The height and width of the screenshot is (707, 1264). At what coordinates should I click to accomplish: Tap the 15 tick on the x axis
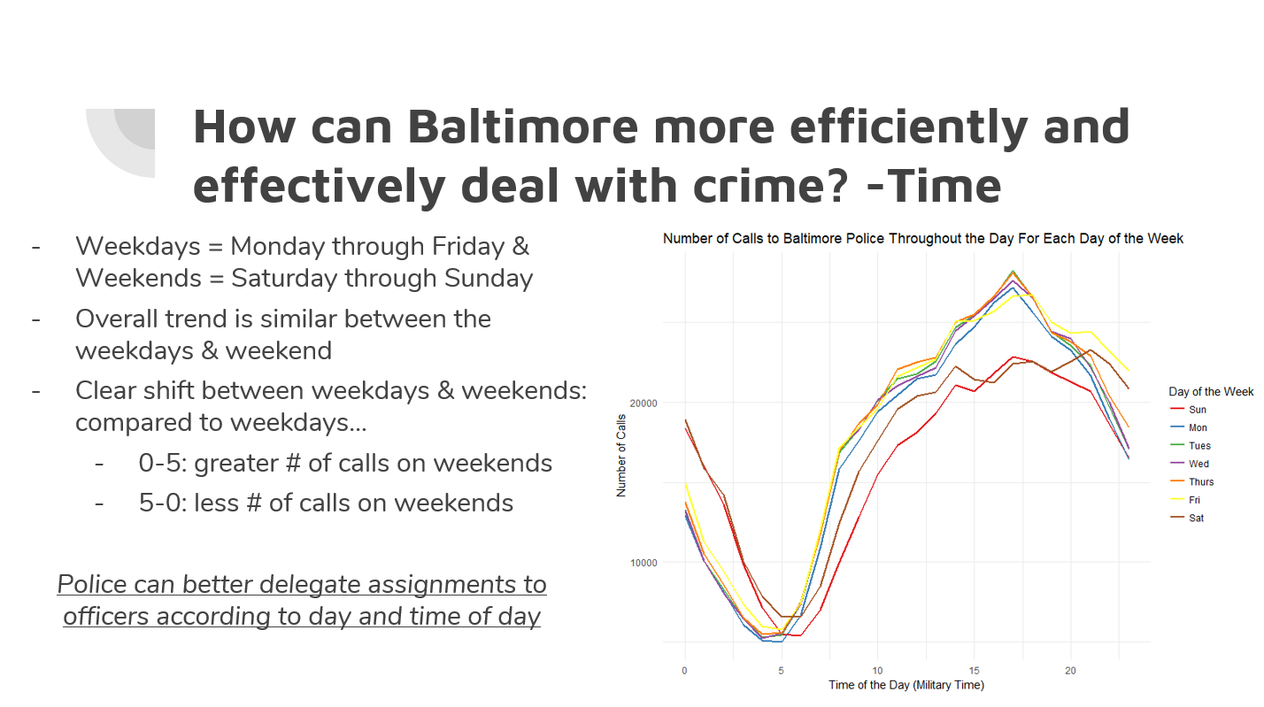pos(974,671)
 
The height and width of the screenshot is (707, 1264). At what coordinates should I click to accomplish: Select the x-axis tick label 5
pos(781,671)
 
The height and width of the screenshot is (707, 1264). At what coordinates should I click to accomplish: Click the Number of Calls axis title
pos(621,457)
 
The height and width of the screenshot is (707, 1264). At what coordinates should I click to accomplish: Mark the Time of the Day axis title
pos(906,685)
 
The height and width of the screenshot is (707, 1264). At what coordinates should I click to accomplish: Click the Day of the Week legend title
pos(1211,391)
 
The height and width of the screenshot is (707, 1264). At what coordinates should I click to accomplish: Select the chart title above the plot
pos(923,238)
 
